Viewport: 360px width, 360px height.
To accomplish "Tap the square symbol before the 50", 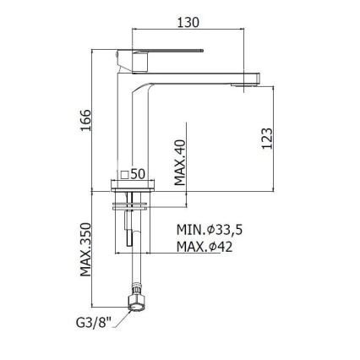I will pos(124,173).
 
